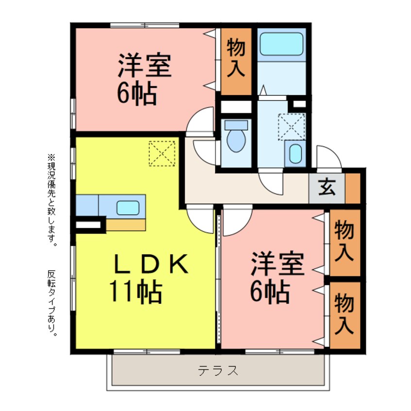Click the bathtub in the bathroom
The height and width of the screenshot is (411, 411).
pyautogui.click(x=281, y=44)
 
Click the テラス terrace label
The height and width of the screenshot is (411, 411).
pyautogui.click(x=218, y=371)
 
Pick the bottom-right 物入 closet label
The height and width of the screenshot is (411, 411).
pyautogui.click(x=344, y=314)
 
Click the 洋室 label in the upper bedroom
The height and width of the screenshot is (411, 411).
pyautogui.click(x=145, y=68)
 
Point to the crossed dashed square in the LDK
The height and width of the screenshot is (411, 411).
pyautogui.click(x=162, y=153)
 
